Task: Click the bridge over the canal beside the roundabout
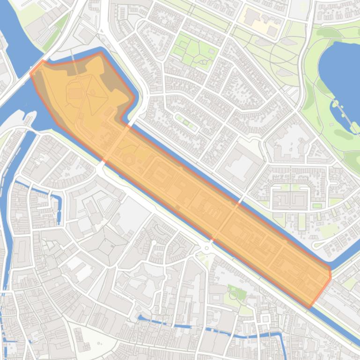213,238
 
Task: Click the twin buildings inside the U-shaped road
291,198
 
